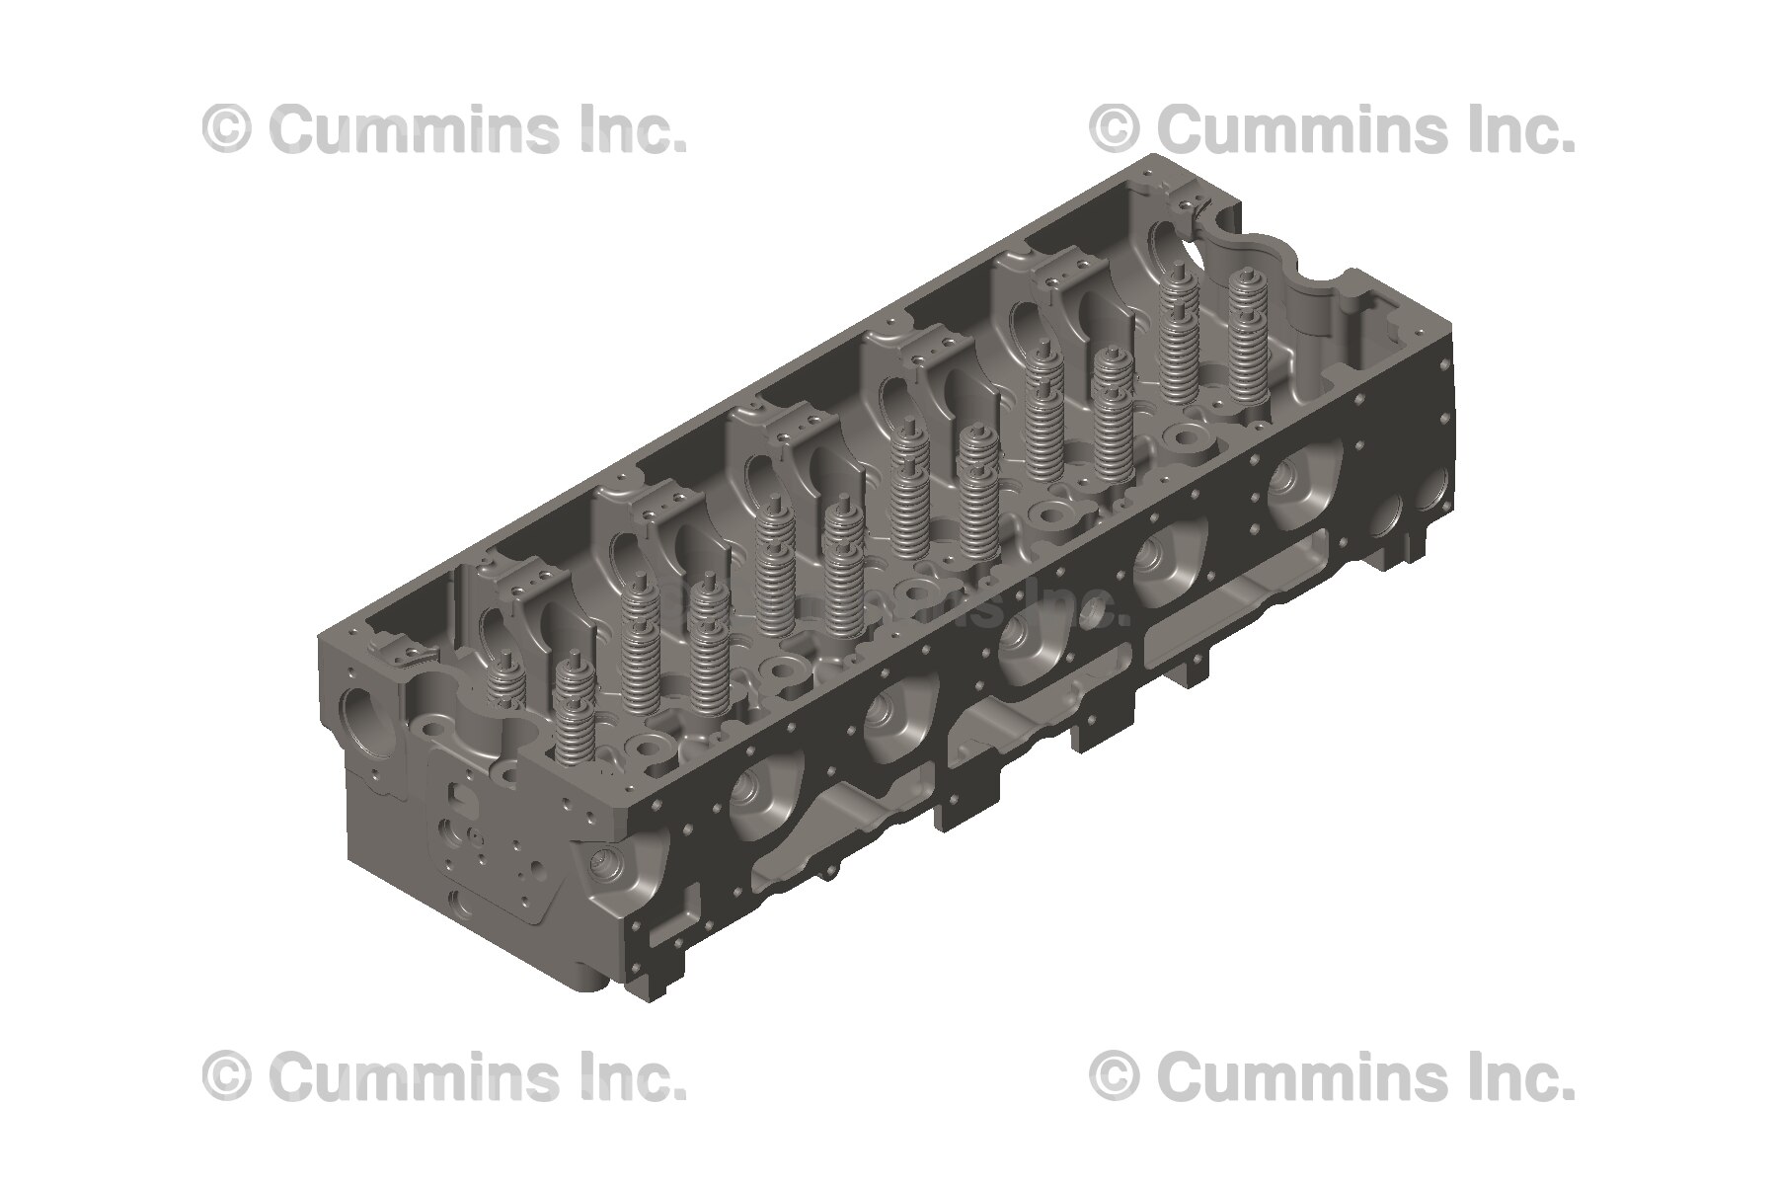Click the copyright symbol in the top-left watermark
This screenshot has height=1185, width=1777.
point(227,129)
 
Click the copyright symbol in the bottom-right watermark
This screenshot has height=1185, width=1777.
point(1115,1075)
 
